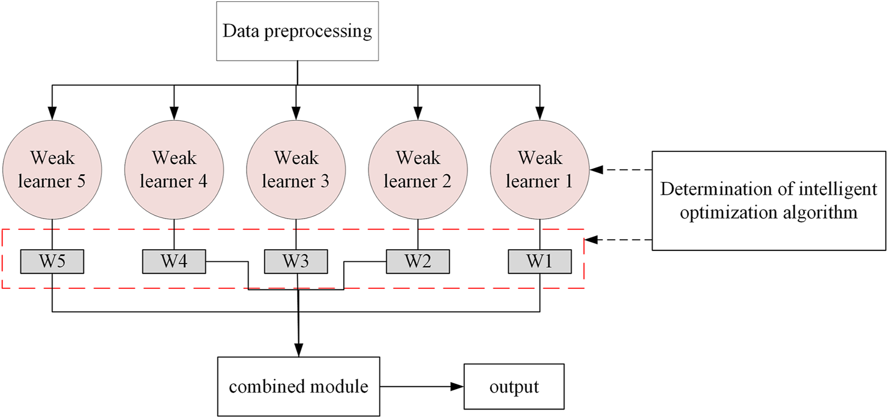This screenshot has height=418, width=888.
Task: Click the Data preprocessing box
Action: tap(298, 31)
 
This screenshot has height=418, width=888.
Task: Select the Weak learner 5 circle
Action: tap(53, 169)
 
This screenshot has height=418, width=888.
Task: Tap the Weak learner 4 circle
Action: tap(174, 169)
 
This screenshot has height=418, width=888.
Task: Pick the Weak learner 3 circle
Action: tap(296, 169)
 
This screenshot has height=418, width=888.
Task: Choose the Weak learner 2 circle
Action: tap(418, 169)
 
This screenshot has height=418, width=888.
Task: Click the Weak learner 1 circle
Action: tap(540, 169)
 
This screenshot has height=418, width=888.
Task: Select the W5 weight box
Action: tap(52, 261)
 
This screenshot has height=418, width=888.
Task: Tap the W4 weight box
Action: tap(174, 261)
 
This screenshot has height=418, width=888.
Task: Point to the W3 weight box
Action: tap(296, 261)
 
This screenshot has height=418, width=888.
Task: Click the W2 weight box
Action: tap(418, 261)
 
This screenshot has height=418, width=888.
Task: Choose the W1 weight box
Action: tap(540, 261)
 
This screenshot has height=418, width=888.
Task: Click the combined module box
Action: tap(298, 387)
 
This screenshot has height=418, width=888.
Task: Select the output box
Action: tap(514, 387)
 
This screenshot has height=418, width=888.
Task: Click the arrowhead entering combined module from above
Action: tap(298, 350)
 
